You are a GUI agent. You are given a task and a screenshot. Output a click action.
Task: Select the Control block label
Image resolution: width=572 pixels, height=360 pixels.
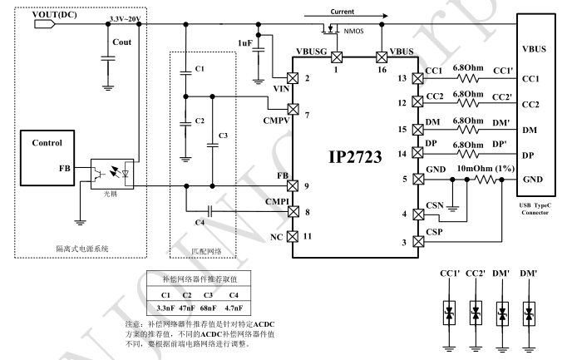[47, 142]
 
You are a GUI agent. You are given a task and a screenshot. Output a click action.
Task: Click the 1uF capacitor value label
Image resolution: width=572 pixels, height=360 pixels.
[245, 42]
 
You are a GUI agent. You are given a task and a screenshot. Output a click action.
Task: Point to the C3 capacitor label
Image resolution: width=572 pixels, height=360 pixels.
[222, 136]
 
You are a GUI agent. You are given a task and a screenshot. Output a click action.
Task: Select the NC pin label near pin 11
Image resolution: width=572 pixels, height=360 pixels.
[278, 237]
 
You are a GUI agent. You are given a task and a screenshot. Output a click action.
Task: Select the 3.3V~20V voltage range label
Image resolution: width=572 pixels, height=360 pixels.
[126, 17]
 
